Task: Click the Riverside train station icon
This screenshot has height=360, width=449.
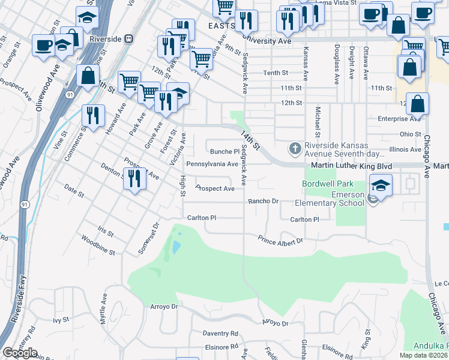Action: click(128, 39)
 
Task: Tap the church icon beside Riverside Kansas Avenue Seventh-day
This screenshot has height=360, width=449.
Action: click(295, 148)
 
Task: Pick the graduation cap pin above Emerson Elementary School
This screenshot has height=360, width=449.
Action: click(380, 185)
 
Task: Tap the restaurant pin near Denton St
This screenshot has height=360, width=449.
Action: click(134, 178)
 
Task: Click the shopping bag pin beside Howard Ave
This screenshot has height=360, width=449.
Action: click(88, 77)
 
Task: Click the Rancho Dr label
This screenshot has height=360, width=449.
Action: click(264, 201)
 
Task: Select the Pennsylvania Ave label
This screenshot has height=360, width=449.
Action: click(212, 164)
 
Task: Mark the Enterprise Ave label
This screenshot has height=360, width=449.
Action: click(400, 119)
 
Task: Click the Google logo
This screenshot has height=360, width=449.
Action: click(20, 353)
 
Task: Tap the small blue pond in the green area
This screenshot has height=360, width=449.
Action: click(175, 247)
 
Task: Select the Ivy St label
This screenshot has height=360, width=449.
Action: click(62, 320)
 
